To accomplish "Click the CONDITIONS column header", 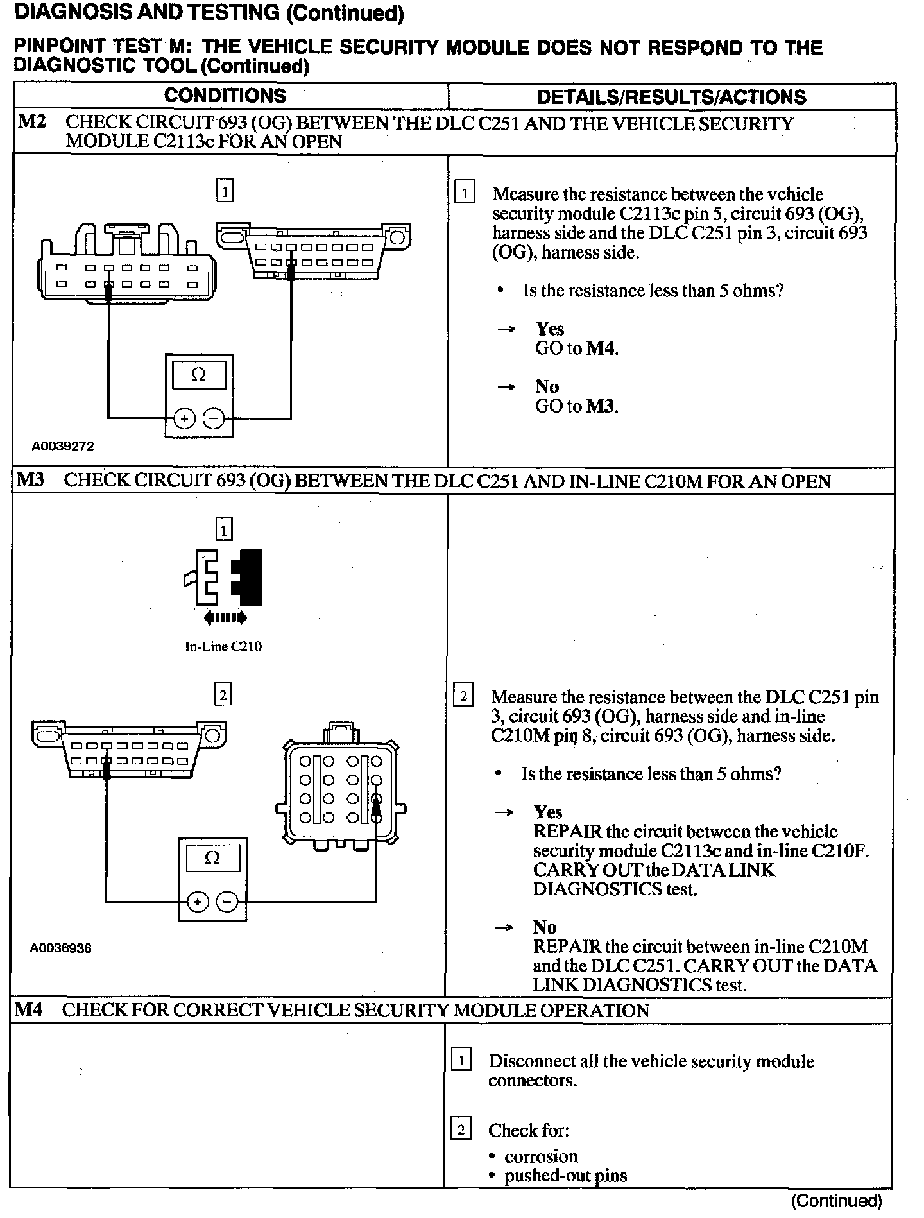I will (225, 96).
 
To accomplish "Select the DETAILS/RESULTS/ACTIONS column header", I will (671, 97).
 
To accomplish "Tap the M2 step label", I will (32, 121).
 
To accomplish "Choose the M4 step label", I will (30, 1009).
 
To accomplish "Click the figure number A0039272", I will (62, 447).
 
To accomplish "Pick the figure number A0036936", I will (61, 948).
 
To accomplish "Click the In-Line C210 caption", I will (223, 647).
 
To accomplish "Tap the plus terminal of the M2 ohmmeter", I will (184, 419).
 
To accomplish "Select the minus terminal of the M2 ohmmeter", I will (214, 419).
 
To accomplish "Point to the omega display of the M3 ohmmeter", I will (212, 859).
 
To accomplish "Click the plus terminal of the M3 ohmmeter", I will (198, 902).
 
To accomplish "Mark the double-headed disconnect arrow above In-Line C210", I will (224, 618).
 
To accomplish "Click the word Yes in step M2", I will (550, 329).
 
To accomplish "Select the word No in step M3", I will (545, 927).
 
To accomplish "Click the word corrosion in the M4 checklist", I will (541, 1156).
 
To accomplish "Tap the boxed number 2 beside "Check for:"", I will (461, 1129).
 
